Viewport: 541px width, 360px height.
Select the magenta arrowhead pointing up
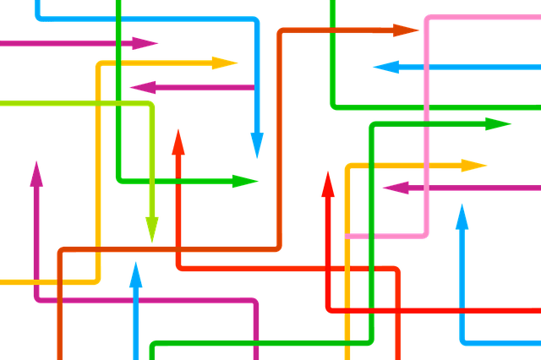coord(36,174)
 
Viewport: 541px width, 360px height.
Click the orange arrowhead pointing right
coord(406,30)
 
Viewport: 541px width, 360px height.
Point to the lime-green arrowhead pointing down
coord(152,228)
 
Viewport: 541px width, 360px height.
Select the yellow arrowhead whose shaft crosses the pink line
coord(473,164)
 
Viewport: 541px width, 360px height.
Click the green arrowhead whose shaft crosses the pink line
coord(499,124)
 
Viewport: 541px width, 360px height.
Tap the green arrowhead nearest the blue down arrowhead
coord(245,181)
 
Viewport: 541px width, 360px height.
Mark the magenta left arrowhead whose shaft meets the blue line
coord(143,86)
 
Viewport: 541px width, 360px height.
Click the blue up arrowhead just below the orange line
coord(135,275)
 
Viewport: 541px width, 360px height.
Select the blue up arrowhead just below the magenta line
coord(462,216)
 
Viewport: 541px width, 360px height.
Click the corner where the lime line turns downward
coord(151,104)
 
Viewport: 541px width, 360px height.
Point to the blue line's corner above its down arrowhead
coord(256,19)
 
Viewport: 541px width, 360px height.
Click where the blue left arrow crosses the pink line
coord(427,67)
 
